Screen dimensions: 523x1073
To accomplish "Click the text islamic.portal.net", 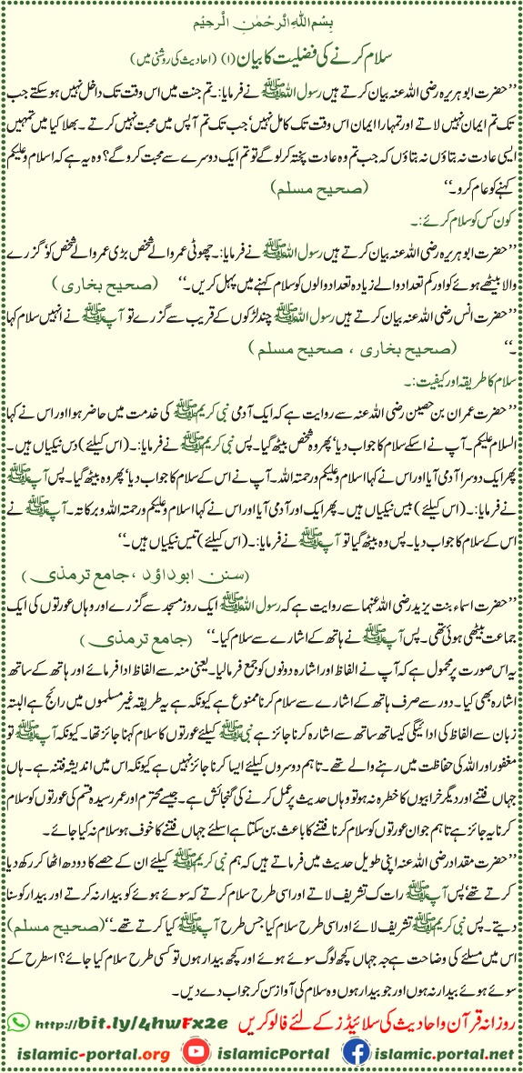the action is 446,1048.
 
